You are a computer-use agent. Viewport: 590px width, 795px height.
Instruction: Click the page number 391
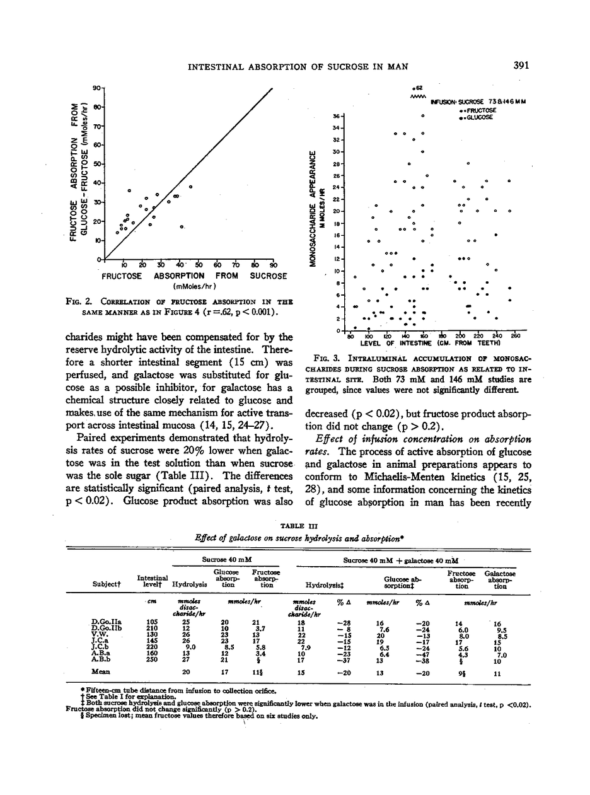(x=521, y=65)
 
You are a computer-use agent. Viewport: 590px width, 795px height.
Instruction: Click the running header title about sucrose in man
(x=298, y=66)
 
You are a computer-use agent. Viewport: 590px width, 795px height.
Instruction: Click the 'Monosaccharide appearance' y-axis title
(x=313, y=207)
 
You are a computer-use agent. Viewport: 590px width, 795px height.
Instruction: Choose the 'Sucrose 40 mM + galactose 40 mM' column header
(x=400, y=559)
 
